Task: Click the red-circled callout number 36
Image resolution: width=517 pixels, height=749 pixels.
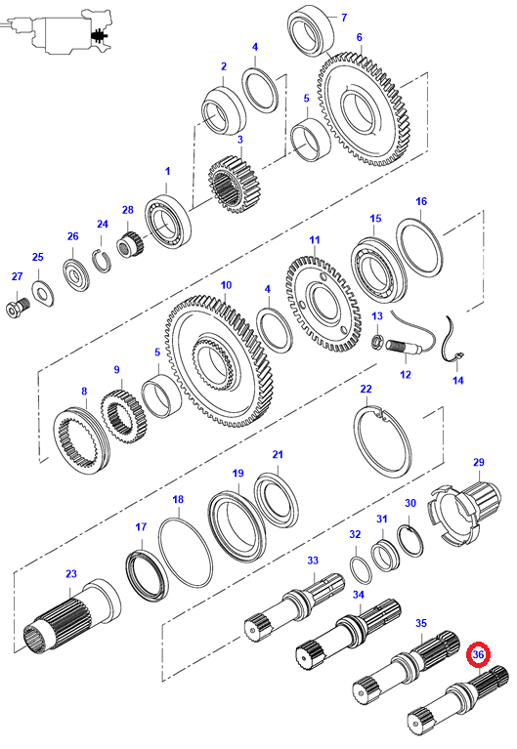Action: tap(478, 654)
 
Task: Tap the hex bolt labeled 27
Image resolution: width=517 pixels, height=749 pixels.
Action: tap(18, 307)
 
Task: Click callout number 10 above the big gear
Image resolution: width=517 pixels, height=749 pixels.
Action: tap(226, 285)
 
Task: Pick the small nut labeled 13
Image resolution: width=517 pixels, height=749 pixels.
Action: tap(378, 342)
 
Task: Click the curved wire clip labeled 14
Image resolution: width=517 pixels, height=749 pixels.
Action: tap(451, 344)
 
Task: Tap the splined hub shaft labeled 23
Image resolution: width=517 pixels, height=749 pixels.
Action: tap(71, 615)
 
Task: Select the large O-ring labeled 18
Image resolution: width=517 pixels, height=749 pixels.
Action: tap(185, 552)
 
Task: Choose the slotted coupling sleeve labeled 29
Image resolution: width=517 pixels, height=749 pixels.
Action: tap(465, 513)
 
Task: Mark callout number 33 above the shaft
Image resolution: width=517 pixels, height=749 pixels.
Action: tap(313, 561)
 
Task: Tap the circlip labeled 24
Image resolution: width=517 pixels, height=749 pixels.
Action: tap(102, 261)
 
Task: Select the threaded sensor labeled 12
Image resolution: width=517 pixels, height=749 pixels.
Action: tap(407, 348)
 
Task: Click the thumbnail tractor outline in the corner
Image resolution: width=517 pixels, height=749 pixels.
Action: tap(60, 30)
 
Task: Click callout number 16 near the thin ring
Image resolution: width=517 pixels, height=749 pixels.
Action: tap(421, 201)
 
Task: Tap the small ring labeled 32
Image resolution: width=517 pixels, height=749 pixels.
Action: tap(362, 570)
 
